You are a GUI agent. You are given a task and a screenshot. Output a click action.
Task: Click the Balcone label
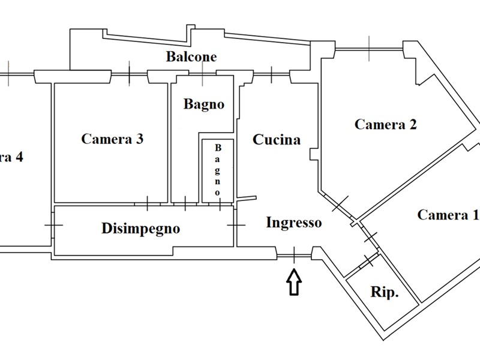(x=191, y=58)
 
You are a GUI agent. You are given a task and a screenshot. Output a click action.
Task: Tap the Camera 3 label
(x=112, y=139)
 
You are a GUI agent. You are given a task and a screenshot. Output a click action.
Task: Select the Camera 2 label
(x=386, y=125)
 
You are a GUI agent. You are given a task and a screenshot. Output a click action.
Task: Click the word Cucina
(x=277, y=140)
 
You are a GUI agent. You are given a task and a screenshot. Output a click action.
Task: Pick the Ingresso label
(x=293, y=223)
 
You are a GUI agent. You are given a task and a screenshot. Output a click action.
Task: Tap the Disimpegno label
(x=141, y=229)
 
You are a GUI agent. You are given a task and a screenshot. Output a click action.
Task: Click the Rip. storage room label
(x=385, y=293)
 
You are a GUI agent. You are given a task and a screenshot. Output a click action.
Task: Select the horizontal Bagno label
(x=204, y=104)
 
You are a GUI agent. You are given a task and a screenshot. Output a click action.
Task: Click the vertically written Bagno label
(x=218, y=170)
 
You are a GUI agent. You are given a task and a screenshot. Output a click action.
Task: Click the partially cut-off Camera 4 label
(x=12, y=158)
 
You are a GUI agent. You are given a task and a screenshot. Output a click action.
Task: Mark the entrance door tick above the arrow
(x=295, y=256)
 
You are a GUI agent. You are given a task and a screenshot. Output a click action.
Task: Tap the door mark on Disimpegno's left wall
(x=53, y=226)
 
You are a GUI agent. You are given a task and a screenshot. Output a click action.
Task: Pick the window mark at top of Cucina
(x=271, y=74)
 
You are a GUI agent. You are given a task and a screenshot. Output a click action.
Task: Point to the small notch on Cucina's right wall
(x=314, y=154)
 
